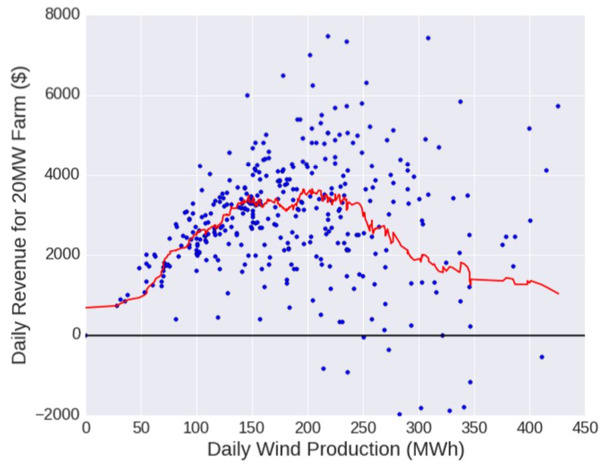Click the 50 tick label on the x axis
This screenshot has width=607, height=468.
point(141,428)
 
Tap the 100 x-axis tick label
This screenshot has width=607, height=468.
point(196,428)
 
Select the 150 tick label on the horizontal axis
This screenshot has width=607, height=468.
point(252,428)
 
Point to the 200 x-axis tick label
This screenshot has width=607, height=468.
point(308,428)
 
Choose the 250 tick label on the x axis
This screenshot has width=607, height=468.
point(363,428)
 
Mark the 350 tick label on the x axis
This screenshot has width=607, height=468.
point(474,428)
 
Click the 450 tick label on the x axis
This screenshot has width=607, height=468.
point(584,428)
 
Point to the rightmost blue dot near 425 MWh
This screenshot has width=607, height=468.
point(558,106)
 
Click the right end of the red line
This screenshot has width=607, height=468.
point(559,293)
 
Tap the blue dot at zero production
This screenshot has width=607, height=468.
point(86,335)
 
